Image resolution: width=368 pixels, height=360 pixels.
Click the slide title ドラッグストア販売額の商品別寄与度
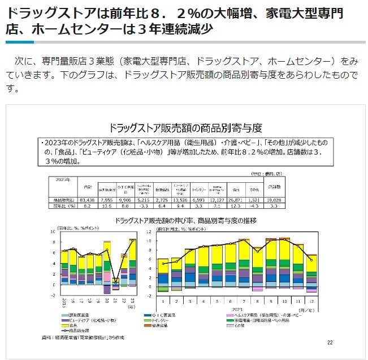[x=184, y=127]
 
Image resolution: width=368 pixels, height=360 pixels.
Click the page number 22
[x=330, y=342]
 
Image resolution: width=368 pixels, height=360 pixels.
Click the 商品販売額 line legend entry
[x=79, y=331]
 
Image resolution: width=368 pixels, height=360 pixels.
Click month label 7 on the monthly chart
[x=244, y=302]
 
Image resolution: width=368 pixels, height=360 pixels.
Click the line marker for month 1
[x=163, y=264]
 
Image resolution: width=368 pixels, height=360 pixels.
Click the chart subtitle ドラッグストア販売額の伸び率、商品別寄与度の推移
[x=184, y=221]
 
